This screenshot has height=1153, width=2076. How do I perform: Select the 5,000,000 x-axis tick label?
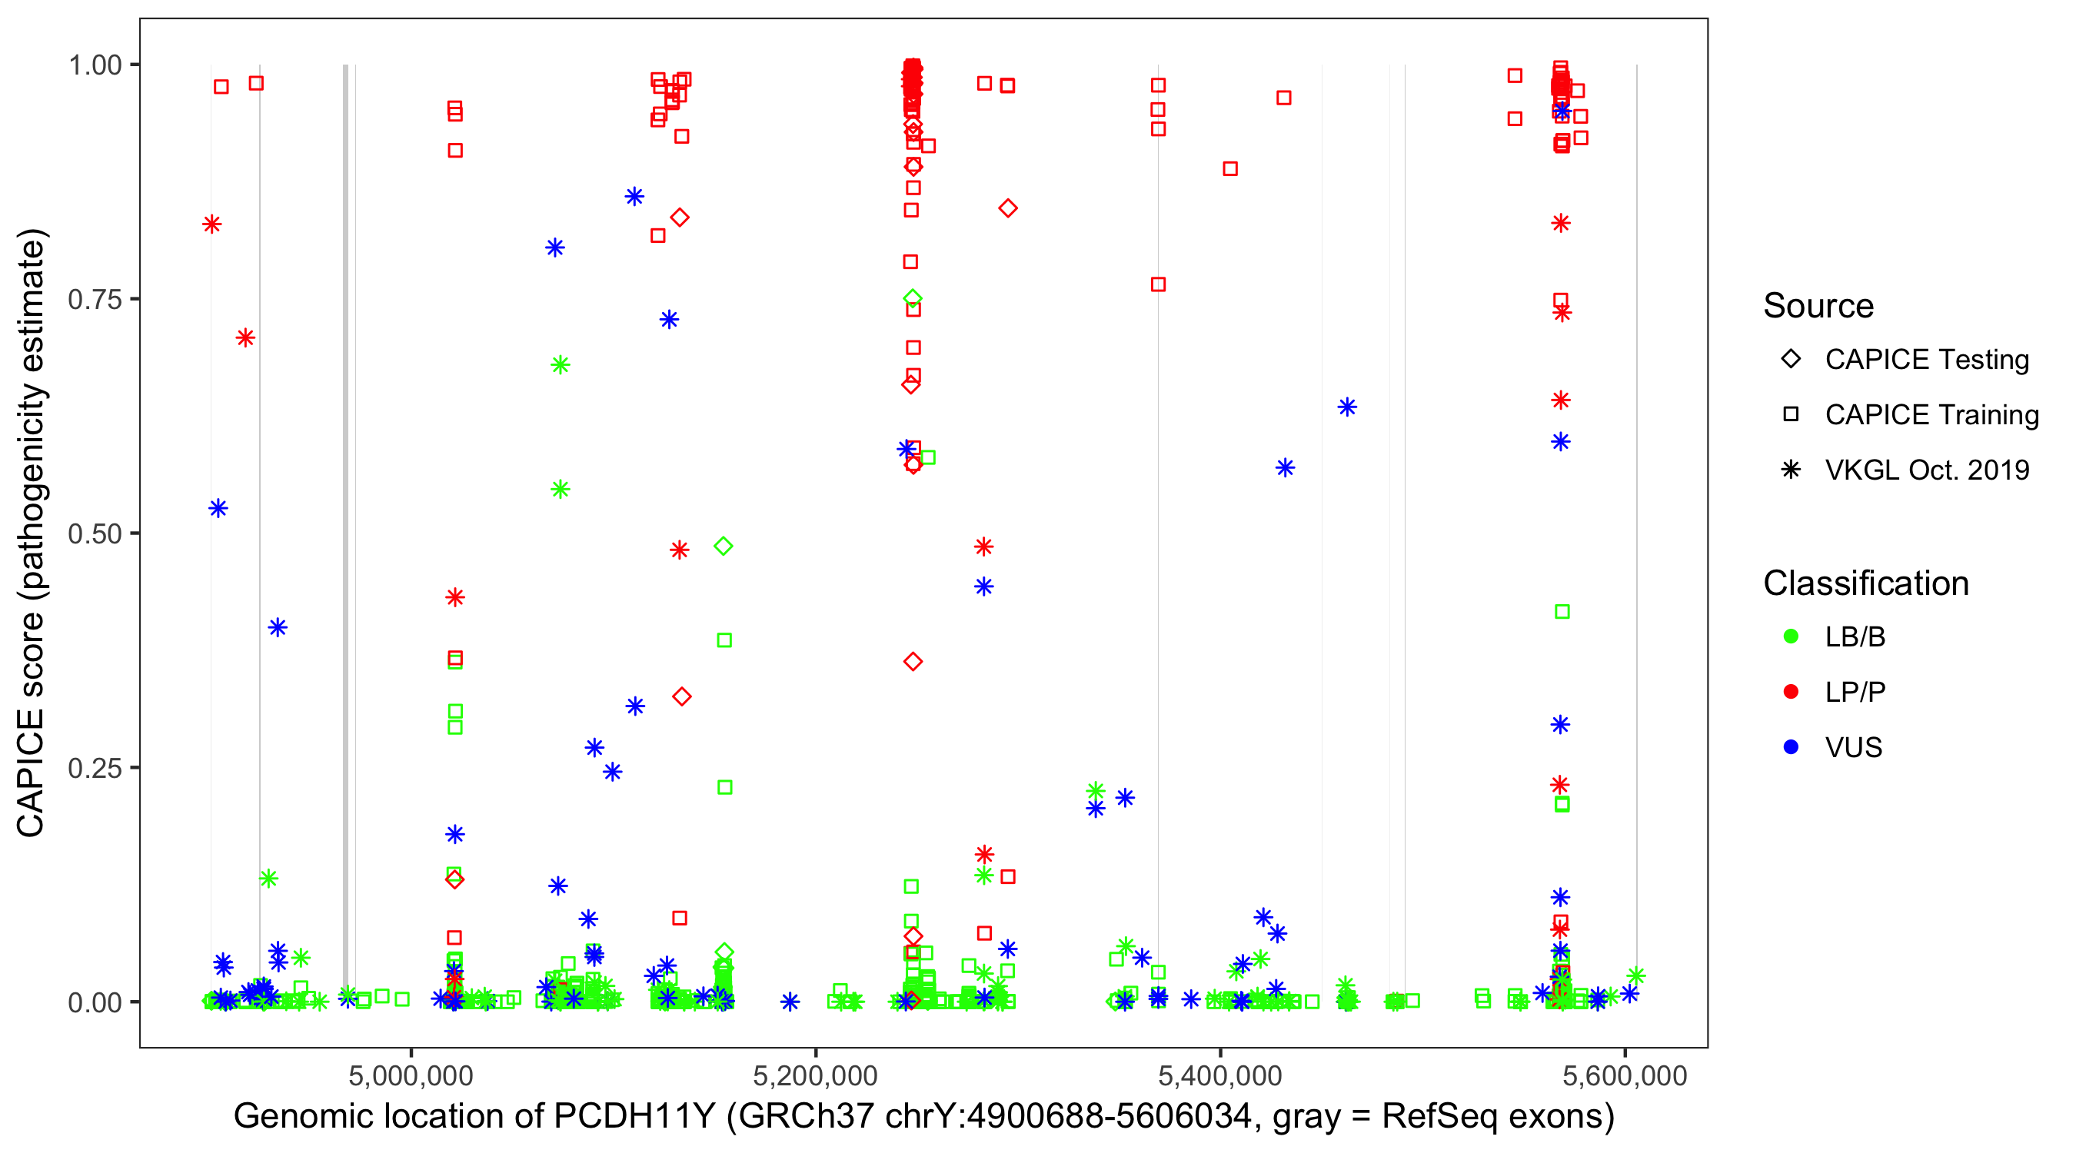(411, 1075)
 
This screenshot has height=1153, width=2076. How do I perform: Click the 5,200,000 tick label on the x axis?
(816, 1075)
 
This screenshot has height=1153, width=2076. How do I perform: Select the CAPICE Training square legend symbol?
(1791, 414)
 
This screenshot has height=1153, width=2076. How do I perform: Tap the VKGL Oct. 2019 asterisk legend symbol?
(1791, 470)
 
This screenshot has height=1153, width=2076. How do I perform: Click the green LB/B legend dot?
(1791, 636)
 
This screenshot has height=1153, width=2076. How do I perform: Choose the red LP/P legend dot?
(1791, 691)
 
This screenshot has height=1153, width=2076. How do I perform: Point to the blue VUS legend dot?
(1791, 747)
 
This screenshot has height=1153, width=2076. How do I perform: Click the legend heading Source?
(1818, 306)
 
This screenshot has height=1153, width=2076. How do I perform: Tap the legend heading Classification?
(1865, 583)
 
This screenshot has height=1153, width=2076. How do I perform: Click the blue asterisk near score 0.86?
(634, 197)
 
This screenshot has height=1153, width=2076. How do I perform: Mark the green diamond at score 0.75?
(912, 299)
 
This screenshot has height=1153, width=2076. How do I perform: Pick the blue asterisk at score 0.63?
(1347, 407)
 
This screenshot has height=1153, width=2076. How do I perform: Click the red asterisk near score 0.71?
(246, 337)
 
